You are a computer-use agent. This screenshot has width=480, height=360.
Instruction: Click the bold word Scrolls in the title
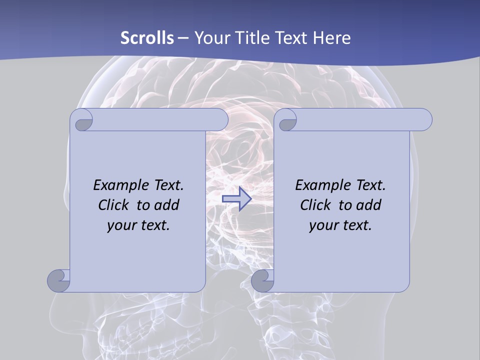(x=147, y=38)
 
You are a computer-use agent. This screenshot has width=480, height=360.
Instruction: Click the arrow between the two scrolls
(x=236, y=198)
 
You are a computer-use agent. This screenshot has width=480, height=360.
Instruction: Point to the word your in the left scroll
(x=121, y=225)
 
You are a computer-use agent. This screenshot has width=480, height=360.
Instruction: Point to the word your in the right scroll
(x=323, y=225)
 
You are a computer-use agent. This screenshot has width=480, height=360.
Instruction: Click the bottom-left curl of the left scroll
(x=59, y=280)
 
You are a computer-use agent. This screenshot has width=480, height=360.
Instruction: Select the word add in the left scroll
(x=166, y=205)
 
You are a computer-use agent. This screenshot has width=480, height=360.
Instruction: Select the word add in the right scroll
(x=368, y=205)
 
